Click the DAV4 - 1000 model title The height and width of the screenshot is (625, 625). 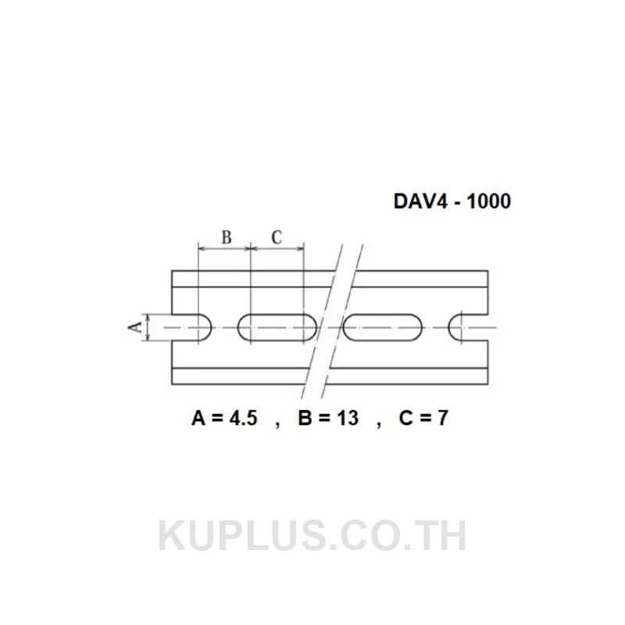tap(452, 202)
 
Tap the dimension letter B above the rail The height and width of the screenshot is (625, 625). tap(226, 237)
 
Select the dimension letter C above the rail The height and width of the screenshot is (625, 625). tap(277, 237)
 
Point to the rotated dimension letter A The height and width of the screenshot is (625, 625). tap(135, 327)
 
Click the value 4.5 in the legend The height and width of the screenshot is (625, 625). tap(244, 418)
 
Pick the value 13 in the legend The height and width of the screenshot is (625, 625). tap(348, 418)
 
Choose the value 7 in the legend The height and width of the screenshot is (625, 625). tap(442, 418)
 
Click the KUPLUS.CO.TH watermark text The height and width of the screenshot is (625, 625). tap(312, 536)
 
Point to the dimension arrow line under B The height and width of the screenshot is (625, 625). tap(224, 248)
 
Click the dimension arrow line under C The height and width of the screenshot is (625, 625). tap(277, 248)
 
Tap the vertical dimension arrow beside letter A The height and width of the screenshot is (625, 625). tap(148, 327)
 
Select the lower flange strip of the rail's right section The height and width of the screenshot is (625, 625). tap(409, 377)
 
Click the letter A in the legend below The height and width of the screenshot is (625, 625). tap(198, 418)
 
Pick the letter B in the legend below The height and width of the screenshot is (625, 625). tap(305, 418)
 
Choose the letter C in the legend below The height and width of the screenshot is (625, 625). tap(405, 418)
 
